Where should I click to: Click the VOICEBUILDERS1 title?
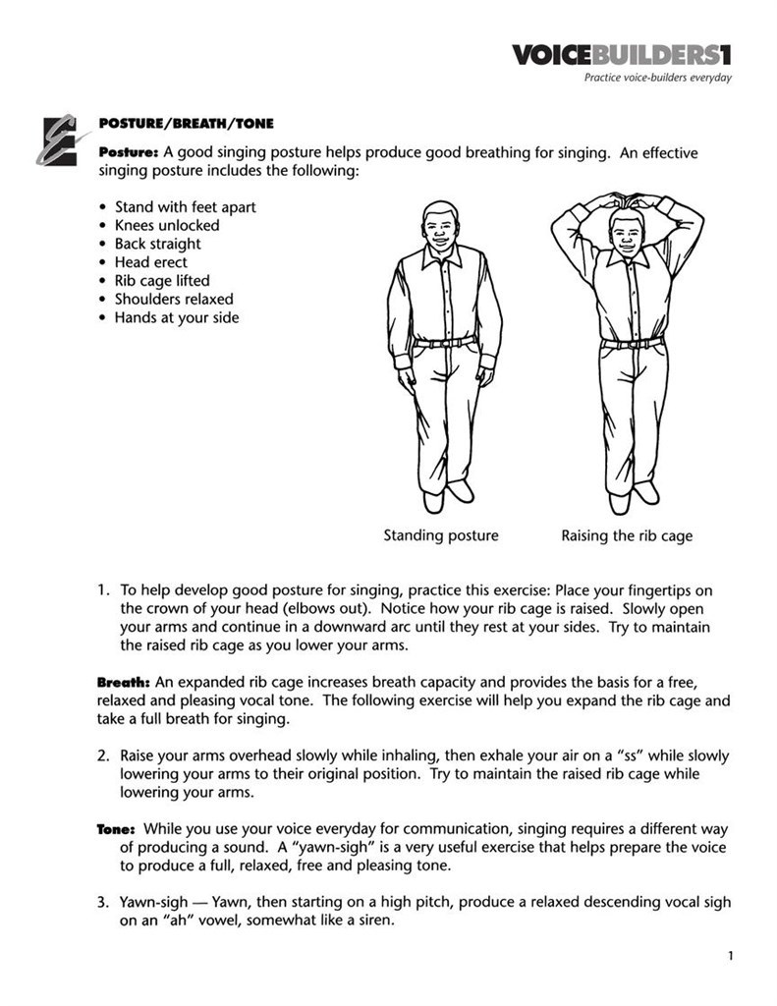point(622,55)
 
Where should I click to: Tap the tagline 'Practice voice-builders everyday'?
point(657,79)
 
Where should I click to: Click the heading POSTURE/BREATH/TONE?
point(186,124)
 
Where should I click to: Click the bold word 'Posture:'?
point(128,152)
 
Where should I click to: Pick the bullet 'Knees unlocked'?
point(167,225)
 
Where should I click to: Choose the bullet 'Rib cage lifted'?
point(162,281)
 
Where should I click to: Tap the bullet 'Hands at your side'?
point(177,317)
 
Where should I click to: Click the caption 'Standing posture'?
point(440,535)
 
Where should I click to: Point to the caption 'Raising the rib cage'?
point(627,535)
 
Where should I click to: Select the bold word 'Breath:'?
point(123,682)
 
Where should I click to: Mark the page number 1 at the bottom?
point(732,955)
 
